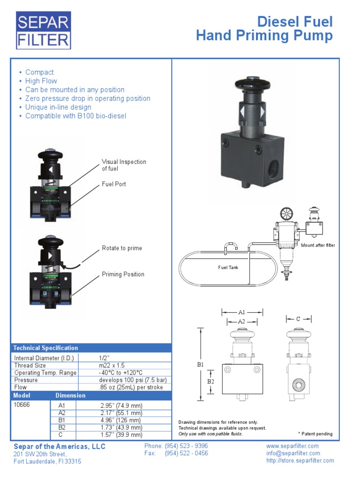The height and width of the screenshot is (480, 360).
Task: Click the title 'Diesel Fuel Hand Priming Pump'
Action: pyautogui.click(x=264, y=29)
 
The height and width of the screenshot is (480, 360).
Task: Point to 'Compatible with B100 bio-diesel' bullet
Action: pyautogui.click(x=75, y=116)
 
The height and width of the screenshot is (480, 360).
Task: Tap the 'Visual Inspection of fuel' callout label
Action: pyautogui.click(x=124, y=165)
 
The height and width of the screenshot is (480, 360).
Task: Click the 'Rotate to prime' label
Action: pyautogui.click(x=122, y=248)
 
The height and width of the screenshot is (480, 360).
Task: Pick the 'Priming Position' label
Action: pyautogui.click(x=123, y=274)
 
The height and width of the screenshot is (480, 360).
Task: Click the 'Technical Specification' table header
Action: pyautogui.click(x=45, y=348)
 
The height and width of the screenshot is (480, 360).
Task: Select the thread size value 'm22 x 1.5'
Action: pyautogui.click(x=112, y=365)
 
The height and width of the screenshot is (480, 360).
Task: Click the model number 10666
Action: pyautogui.click(x=22, y=405)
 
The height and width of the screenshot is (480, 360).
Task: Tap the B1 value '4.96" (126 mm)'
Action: pyautogui.click(x=121, y=420)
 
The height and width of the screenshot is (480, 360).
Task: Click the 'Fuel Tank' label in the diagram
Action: pyautogui.click(x=229, y=267)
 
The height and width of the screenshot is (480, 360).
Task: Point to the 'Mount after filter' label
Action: pyautogui.click(x=318, y=245)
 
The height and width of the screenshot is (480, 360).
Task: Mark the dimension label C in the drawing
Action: pyautogui.click(x=298, y=319)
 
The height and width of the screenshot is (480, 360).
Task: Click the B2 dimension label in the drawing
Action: pyautogui.click(x=210, y=382)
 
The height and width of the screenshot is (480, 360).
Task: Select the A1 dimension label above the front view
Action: pyautogui.click(x=242, y=312)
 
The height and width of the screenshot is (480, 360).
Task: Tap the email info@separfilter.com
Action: pyautogui.click(x=293, y=453)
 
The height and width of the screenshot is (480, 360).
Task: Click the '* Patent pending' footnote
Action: pyautogui.click(x=315, y=434)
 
